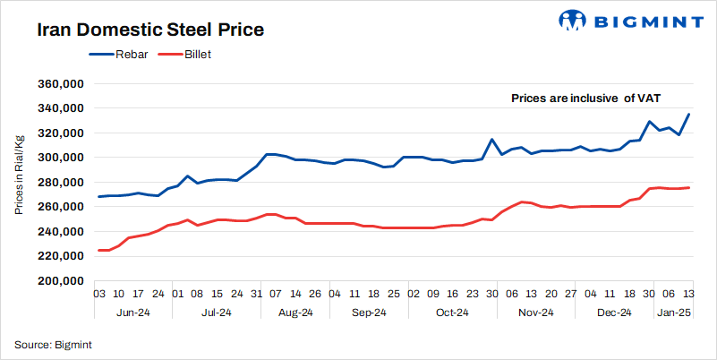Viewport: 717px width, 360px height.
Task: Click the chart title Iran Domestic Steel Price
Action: (149, 30)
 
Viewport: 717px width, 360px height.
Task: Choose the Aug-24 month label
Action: (294, 313)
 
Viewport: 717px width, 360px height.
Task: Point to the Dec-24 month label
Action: (614, 313)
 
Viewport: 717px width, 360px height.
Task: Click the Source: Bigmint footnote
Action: (53, 344)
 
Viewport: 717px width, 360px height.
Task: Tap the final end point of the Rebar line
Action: (688, 114)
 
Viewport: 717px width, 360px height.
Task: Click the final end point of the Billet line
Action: (688, 187)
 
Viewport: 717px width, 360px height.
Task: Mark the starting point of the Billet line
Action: (98, 251)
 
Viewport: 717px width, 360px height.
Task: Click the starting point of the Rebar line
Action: (98, 196)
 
